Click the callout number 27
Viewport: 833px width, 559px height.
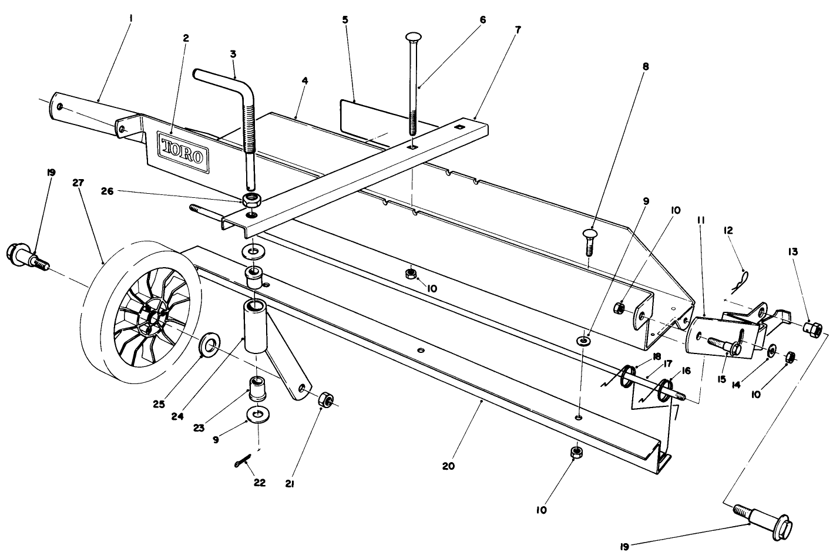point(79,183)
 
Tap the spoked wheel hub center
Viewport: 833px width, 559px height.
point(152,317)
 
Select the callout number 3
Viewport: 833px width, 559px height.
point(233,53)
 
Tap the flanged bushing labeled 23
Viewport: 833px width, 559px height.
point(257,388)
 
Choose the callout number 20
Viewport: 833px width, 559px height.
point(449,466)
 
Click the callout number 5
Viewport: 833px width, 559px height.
point(345,19)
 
